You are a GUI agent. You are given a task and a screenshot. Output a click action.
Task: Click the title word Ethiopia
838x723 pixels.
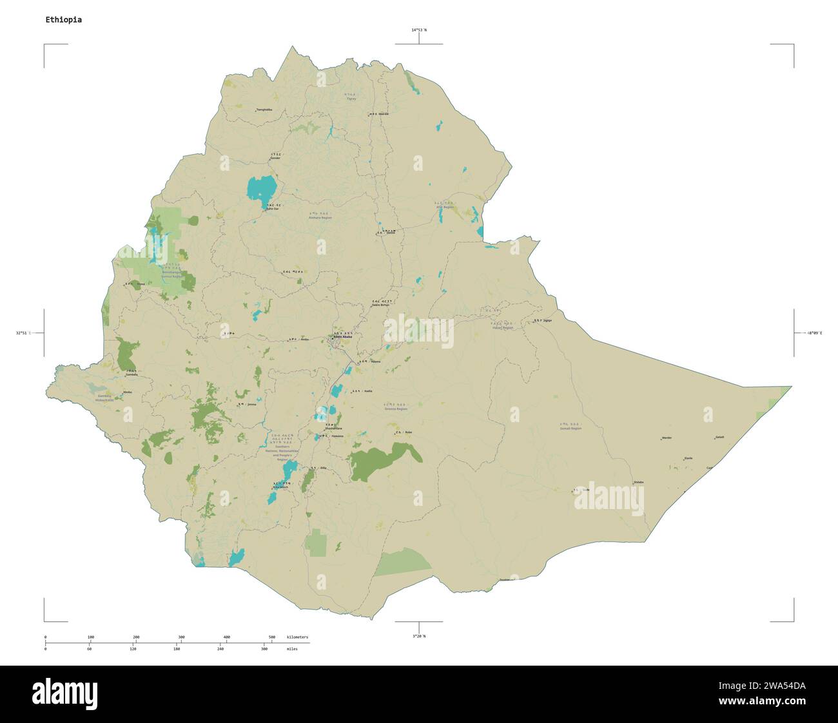pos(63,20)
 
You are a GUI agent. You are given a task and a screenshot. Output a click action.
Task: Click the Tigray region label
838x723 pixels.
pos(351,97)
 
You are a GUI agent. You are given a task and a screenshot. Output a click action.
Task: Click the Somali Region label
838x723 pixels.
pos(570,427)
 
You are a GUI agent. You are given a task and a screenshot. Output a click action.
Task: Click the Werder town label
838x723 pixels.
pos(667,438)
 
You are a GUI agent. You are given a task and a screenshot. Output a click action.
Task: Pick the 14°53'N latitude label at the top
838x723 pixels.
pos(419,30)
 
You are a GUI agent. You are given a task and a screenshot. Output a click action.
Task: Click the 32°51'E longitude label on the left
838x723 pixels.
pos(23,333)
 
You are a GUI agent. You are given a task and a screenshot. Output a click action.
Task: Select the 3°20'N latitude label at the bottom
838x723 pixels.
pos(419,636)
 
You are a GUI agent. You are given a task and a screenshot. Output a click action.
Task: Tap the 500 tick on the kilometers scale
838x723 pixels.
pos(272,637)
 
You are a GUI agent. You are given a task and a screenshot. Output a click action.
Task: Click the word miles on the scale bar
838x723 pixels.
pos(293,649)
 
